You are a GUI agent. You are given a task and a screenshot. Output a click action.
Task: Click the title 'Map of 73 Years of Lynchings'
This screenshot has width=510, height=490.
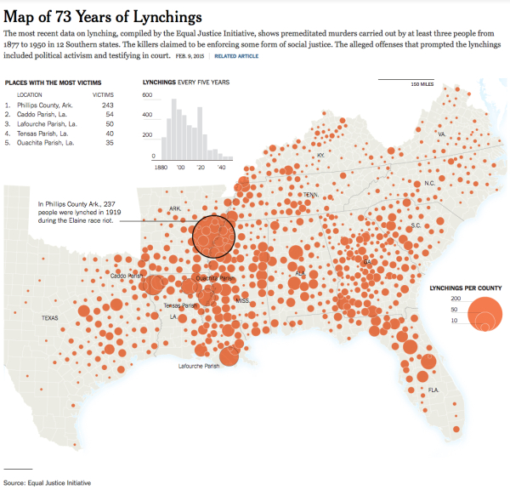[x=103, y=16]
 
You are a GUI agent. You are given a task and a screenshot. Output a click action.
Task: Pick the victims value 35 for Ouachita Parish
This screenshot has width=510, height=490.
[x=110, y=142]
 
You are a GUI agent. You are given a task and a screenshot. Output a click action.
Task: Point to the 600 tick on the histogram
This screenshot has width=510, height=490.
[x=147, y=95]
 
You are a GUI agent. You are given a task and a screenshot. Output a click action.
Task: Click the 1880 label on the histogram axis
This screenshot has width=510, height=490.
[x=159, y=168]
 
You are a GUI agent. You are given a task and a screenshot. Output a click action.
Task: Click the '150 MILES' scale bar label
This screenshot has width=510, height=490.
[x=422, y=85]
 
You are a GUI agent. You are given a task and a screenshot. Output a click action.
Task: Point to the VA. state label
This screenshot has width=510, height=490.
[x=441, y=134]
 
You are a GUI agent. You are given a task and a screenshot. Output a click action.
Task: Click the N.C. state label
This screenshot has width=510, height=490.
[x=429, y=183]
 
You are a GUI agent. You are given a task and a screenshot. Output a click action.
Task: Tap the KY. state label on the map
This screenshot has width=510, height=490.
[x=320, y=156]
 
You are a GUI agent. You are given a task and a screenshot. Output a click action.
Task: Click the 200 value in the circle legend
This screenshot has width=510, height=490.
[x=455, y=299]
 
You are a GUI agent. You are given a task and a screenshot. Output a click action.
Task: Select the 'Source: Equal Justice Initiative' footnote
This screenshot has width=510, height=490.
[x=46, y=482]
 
